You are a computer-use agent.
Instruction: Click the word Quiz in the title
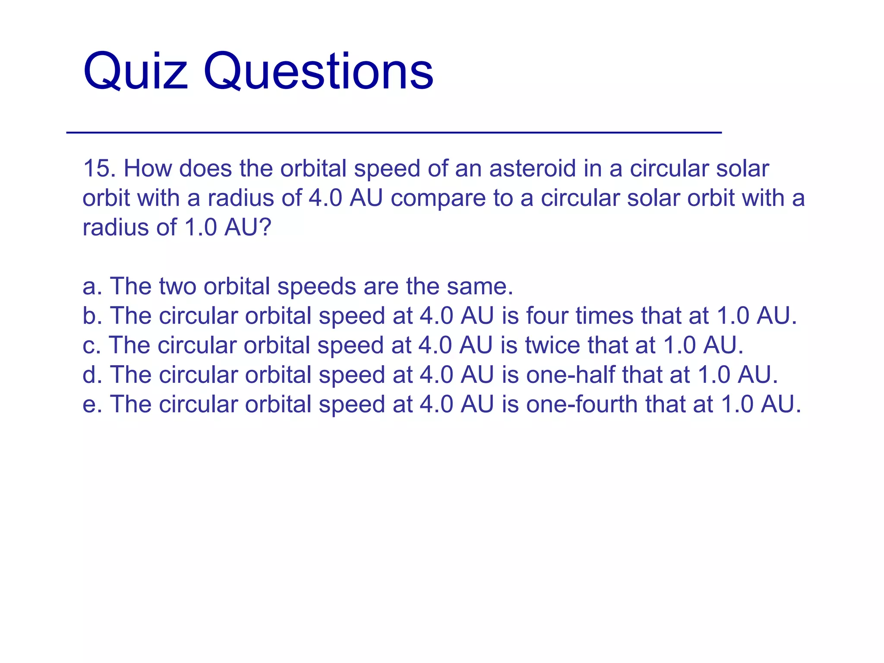point(136,71)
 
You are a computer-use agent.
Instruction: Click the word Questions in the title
point(318,71)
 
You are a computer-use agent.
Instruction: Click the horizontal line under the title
point(394,133)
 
